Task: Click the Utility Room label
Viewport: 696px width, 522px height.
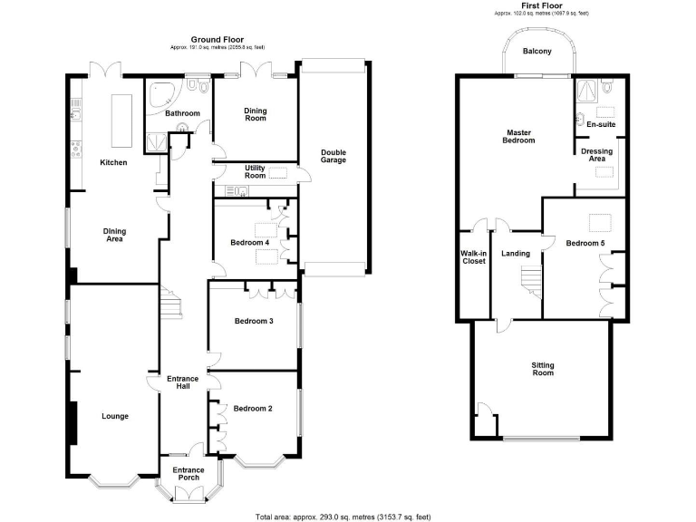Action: point(255,171)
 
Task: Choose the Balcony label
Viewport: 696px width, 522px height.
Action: point(536,52)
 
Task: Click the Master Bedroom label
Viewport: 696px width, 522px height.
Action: point(518,136)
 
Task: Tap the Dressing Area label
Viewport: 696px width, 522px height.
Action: point(597,155)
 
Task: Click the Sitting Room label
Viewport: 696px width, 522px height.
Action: point(542,369)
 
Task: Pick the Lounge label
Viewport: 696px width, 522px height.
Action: point(114,417)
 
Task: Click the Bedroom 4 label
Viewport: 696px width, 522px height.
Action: point(249,243)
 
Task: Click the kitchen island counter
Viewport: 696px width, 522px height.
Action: point(118,120)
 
